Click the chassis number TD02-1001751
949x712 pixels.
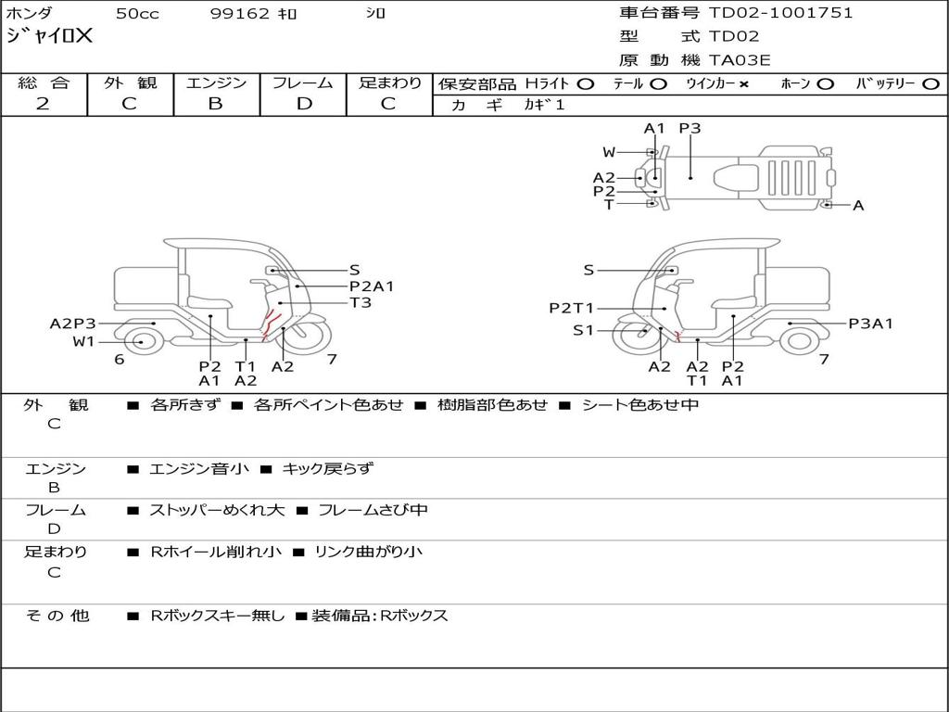pos(780,13)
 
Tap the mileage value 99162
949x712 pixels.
pos(239,13)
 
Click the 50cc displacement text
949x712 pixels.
pos(137,13)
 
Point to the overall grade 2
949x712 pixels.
pos(43,104)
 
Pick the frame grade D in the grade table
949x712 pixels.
pos(304,104)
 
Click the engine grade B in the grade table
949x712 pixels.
pos(215,104)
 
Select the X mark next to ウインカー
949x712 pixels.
pos(744,84)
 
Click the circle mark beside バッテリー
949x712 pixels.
pos(930,84)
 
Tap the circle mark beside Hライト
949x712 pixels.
pos(586,84)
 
